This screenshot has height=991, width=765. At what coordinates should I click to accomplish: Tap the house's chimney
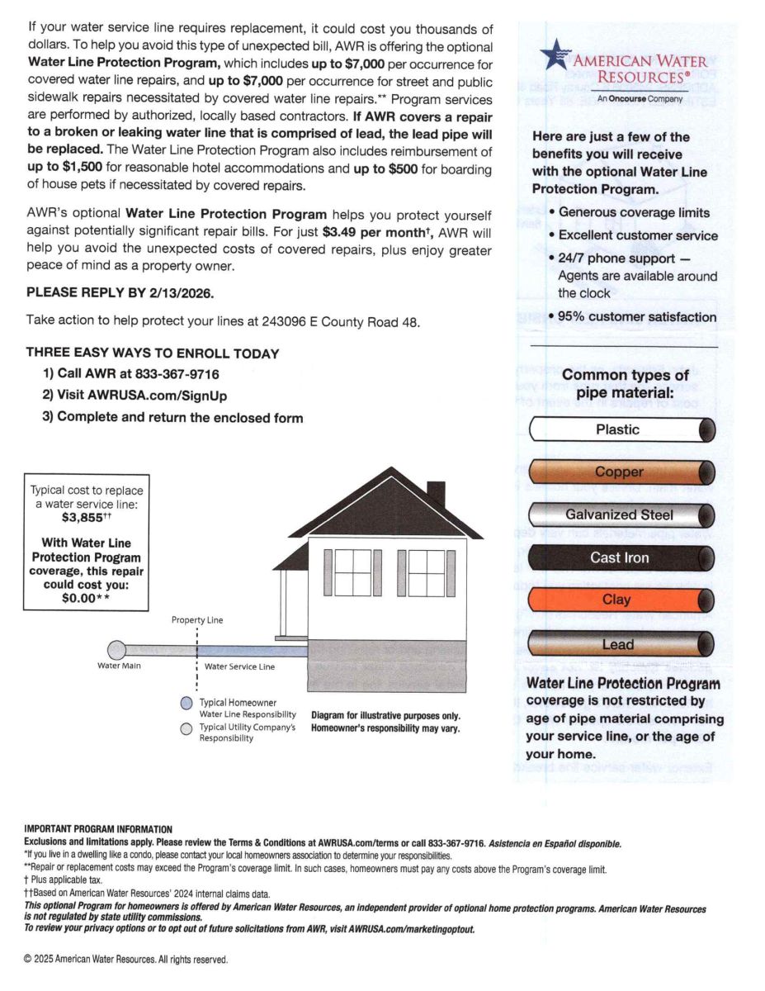tap(436, 494)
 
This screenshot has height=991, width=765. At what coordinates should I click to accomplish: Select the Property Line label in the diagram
tap(197, 620)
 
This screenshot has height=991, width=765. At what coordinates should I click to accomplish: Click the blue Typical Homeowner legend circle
tap(187, 704)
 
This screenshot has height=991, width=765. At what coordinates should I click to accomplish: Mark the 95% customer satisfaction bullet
tap(635, 317)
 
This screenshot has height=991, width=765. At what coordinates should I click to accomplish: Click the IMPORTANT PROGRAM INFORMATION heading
tap(98, 829)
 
